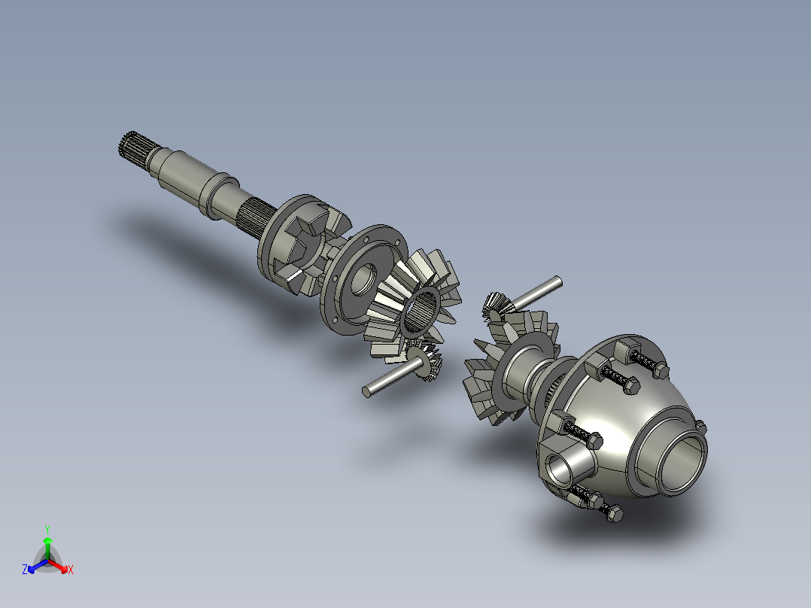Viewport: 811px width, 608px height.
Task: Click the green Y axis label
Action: (47, 529)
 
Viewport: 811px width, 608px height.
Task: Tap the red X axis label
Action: (71, 570)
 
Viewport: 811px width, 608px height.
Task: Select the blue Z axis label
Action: (25, 570)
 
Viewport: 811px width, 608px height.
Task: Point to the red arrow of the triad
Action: (59, 565)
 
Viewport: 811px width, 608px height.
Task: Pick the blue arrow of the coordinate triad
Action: (35, 565)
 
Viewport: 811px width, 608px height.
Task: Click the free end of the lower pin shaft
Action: (367, 390)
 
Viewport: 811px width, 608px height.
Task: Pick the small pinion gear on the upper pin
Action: (497, 306)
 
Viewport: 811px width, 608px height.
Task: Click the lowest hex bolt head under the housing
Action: (614, 514)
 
